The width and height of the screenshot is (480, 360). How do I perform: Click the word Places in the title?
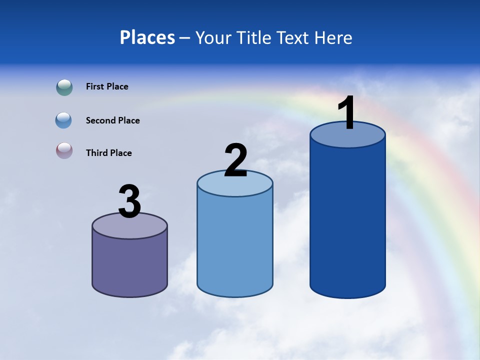point(147,37)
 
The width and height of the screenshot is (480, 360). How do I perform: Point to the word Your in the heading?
point(214,37)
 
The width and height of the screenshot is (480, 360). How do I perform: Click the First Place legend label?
point(107,86)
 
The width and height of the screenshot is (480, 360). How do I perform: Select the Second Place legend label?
point(112,120)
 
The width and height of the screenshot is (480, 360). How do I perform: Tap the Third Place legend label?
point(108,153)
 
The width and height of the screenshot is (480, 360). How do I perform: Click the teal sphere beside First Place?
point(64,87)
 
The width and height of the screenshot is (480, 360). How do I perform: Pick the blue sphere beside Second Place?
point(64,120)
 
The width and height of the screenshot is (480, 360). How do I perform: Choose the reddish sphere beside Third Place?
point(64,150)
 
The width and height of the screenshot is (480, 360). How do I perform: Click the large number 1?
point(347,113)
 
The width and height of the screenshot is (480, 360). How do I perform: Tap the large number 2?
point(235,160)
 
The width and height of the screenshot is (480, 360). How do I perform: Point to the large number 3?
point(129,201)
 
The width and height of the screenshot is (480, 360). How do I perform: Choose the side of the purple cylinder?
point(129,265)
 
